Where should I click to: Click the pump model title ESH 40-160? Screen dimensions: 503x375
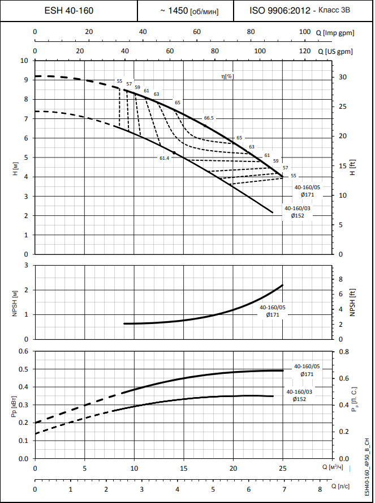pos(69,11)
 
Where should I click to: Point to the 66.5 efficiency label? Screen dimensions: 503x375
pos(209,118)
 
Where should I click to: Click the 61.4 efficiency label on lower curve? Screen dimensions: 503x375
pos(164,158)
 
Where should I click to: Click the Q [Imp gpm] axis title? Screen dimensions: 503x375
pos(334,32)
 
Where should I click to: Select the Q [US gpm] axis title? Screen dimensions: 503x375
pos(335,52)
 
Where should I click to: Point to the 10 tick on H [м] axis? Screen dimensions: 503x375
pos(24,61)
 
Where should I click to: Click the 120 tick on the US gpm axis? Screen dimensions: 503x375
pos(304,52)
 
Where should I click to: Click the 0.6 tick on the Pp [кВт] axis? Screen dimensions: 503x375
pos(23,351)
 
